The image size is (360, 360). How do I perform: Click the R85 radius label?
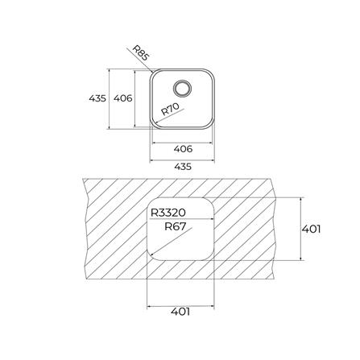pyautogui.click(x=141, y=53)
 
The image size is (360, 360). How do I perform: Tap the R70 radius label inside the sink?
pyautogui.click(x=170, y=109)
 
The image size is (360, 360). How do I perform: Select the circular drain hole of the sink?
pyautogui.click(x=183, y=88)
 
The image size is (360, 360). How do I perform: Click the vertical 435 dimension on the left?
pyautogui.click(x=97, y=98)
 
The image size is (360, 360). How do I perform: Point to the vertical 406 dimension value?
pyautogui.click(x=123, y=98)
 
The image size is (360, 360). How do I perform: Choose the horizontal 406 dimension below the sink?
pyautogui.click(x=183, y=149)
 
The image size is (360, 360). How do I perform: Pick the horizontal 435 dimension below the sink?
pyautogui.click(x=183, y=167)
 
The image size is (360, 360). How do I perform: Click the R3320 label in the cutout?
pyautogui.click(x=168, y=213)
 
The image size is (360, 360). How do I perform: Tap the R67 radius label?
pyautogui.click(x=175, y=227)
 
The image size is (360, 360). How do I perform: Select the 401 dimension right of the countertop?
pyautogui.click(x=311, y=229)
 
